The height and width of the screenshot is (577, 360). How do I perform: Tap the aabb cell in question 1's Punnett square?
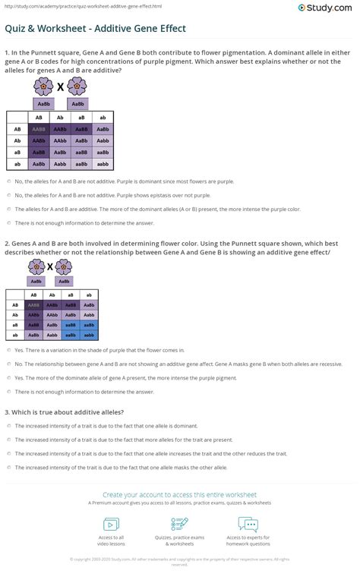pos(103,164)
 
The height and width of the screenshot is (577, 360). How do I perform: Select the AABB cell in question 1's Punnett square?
pos(38,130)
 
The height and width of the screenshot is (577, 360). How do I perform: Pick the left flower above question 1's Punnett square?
pos(44,86)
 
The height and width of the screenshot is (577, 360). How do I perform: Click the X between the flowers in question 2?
pos(50,266)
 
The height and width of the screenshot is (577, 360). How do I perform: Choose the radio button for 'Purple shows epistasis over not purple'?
pos(8,195)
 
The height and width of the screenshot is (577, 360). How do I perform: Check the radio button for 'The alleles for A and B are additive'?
pos(8,209)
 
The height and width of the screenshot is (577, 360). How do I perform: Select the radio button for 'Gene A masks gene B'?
pos(8,364)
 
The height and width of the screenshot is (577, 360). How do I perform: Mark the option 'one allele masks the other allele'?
pos(8,467)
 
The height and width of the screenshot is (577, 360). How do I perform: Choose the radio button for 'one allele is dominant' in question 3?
pos(8,426)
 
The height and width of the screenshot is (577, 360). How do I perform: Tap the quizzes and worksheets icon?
pos(179,524)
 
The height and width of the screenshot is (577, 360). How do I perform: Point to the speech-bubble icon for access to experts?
pos(248,524)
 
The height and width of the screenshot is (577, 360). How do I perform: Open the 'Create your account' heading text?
pos(179,493)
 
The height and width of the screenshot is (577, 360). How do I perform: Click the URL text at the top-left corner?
pos(46,4)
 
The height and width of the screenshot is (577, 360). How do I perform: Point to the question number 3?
pos(7,412)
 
